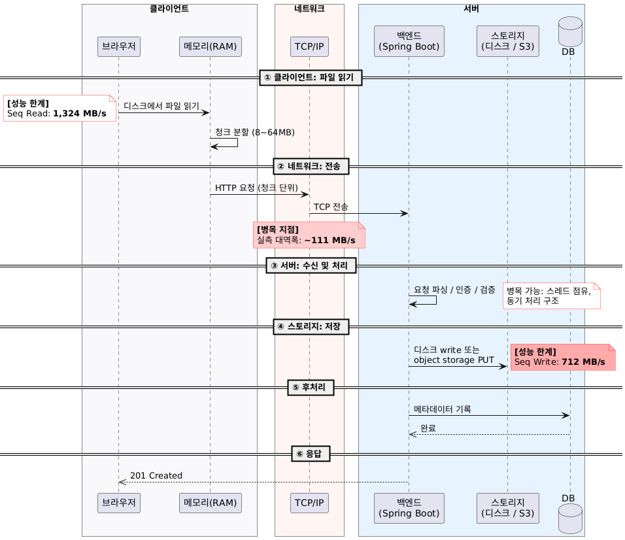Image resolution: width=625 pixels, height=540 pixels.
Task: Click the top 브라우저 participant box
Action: [119, 46]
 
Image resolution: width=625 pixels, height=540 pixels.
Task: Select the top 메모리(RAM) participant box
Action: [211, 46]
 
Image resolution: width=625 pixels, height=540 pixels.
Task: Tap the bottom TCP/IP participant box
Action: [309, 503]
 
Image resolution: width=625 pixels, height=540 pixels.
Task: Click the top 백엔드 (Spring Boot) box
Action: [409, 41]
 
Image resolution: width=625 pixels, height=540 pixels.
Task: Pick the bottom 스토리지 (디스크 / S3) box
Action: [508, 508]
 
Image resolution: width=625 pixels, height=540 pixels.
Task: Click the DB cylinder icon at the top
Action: [570, 31]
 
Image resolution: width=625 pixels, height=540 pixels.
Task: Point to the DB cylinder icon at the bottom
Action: [570, 518]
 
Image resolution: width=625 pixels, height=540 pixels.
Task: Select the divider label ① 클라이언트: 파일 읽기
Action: [311, 77]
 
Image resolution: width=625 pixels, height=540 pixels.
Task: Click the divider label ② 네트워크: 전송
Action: [311, 166]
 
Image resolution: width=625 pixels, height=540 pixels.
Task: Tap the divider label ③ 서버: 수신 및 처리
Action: [311, 265]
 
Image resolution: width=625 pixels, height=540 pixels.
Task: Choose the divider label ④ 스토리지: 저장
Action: [311, 326]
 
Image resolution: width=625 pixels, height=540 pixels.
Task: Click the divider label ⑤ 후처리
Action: [311, 388]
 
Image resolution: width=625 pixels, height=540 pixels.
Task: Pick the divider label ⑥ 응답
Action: [311, 454]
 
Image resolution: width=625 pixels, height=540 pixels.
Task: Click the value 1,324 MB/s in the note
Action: [80, 114]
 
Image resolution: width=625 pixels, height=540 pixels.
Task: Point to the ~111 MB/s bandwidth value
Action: [330, 241]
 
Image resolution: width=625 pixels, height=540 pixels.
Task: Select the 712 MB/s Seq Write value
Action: [584, 362]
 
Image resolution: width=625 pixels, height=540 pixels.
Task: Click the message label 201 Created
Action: [156, 475]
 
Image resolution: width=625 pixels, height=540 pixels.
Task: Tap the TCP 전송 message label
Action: [331, 207]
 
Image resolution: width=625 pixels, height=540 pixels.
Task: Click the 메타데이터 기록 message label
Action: [443, 409]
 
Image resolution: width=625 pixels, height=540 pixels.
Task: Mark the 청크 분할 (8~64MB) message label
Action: [255, 132]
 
